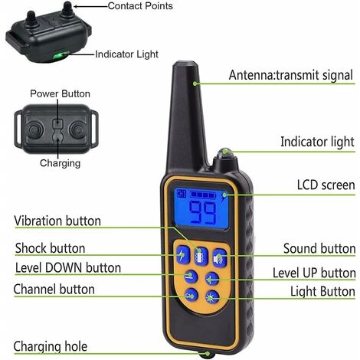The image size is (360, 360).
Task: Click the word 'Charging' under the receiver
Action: click(x=59, y=162)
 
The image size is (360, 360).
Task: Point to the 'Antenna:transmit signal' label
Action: click(x=291, y=75)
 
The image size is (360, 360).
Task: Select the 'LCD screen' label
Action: click(x=326, y=185)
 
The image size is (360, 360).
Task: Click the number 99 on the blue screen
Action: click(x=202, y=213)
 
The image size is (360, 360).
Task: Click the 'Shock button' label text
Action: click(x=50, y=248)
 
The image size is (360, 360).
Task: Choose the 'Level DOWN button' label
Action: click(x=67, y=268)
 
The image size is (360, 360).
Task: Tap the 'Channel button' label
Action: click(x=54, y=290)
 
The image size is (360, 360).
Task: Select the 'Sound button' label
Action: click(x=319, y=248)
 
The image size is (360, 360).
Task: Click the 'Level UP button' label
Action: click(x=314, y=273)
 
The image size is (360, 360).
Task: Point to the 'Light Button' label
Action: click(x=322, y=292)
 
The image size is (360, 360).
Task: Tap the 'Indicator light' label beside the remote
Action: click(x=317, y=142)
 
